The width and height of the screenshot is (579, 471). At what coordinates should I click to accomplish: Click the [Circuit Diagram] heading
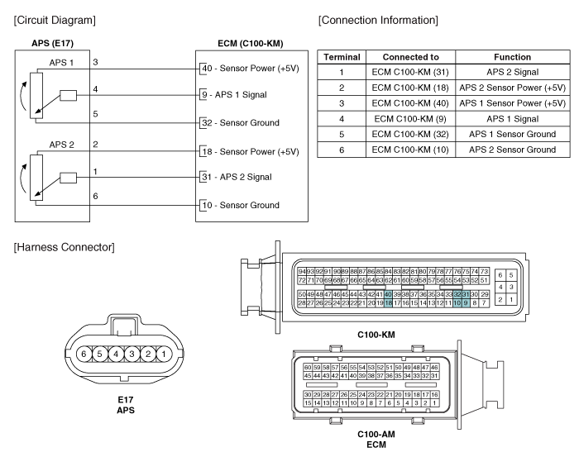52,19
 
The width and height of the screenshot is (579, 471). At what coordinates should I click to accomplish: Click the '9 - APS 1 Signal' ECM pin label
240,95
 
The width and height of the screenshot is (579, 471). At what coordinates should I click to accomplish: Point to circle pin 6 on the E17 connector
83,354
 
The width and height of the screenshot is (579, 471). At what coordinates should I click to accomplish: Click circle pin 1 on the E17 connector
164,354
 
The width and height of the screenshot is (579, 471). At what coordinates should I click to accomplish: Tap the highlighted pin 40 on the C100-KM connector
387,294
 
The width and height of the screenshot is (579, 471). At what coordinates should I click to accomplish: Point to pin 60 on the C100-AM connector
308,367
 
